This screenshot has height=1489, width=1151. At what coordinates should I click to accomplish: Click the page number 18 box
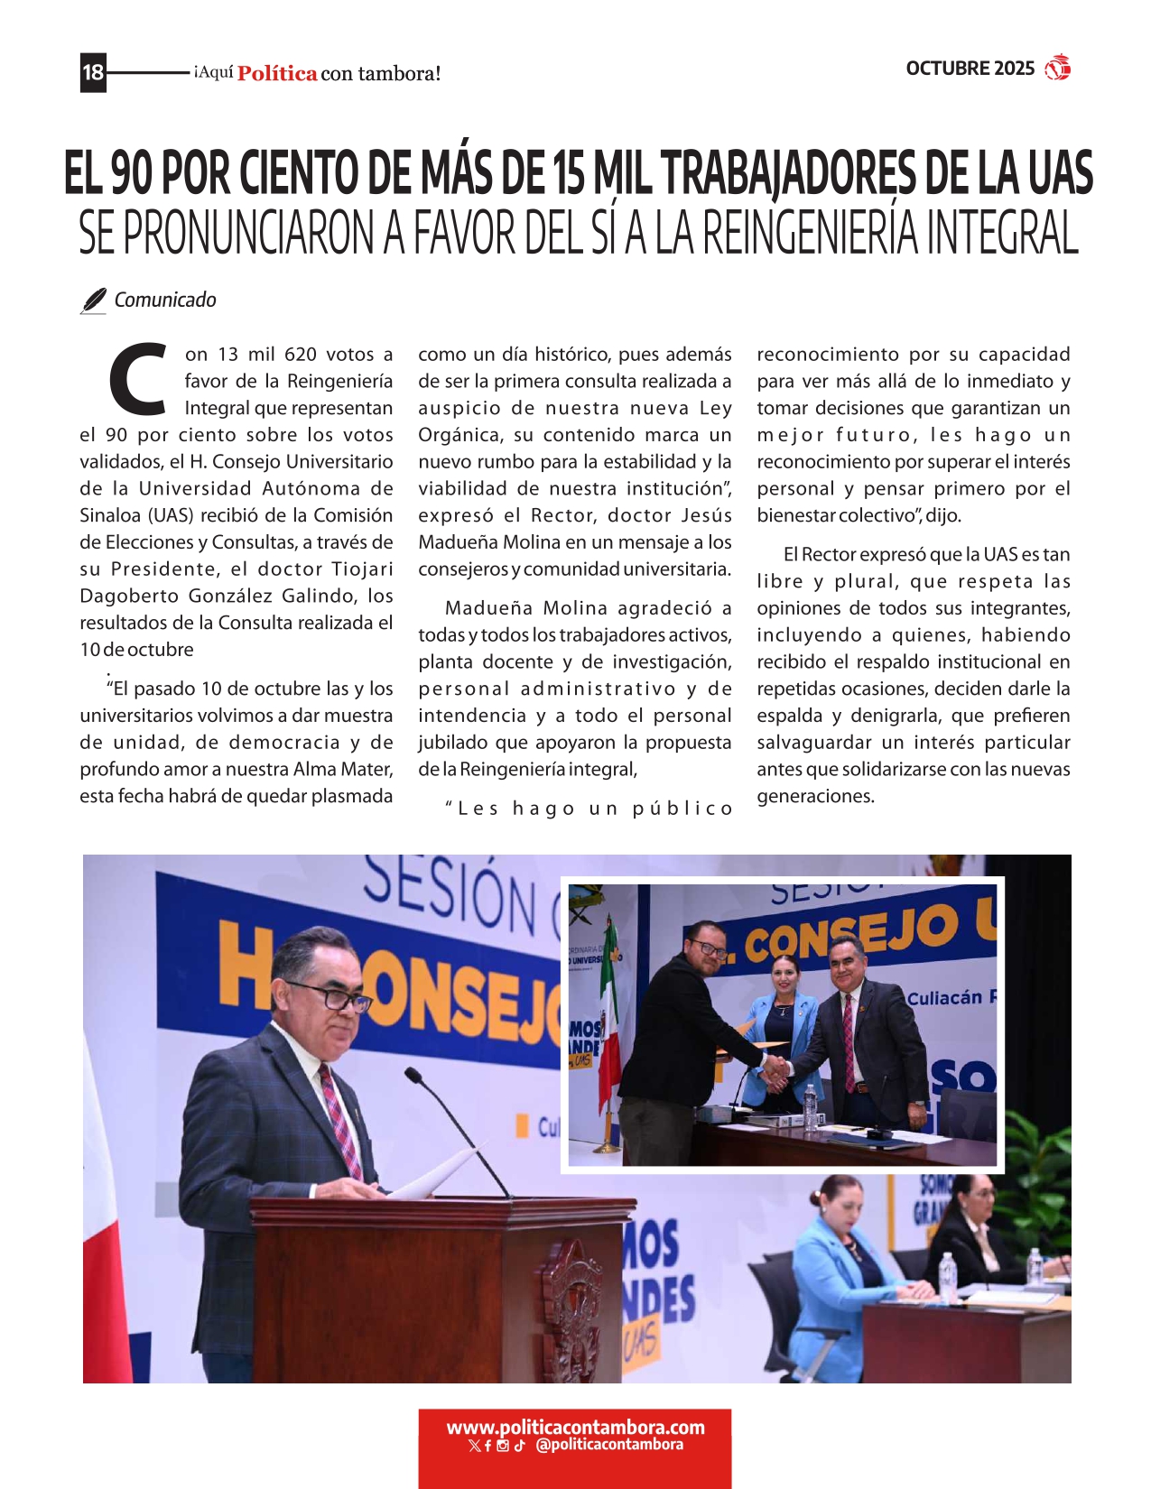click(x=93, y=72)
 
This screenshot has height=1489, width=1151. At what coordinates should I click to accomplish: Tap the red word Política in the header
click(x=277, y=74)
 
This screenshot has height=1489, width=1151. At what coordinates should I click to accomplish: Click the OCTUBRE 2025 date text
click(x=970, y=69)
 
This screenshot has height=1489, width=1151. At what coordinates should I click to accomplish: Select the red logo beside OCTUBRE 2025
click(x=1057, y=68)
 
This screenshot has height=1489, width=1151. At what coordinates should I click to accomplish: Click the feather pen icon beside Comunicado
click(x=93, y=301)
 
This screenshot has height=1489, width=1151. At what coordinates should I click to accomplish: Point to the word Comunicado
click(x=165, y=300)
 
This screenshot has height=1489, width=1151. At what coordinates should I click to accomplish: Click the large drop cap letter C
click(x=138, y=378)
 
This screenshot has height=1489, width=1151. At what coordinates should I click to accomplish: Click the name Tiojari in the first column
click(x=362, y=569)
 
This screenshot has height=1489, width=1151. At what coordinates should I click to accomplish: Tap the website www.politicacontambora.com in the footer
click(x=575, y=1428)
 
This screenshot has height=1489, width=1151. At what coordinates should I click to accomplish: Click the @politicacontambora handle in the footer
click(x=609, y=1445)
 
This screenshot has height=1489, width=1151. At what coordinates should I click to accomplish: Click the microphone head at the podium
click(x=413, y=1076)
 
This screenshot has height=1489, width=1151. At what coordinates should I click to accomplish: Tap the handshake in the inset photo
click(x=775, y=1071)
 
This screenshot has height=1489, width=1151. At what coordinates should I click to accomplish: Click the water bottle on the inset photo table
click(x=810, y=1105)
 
